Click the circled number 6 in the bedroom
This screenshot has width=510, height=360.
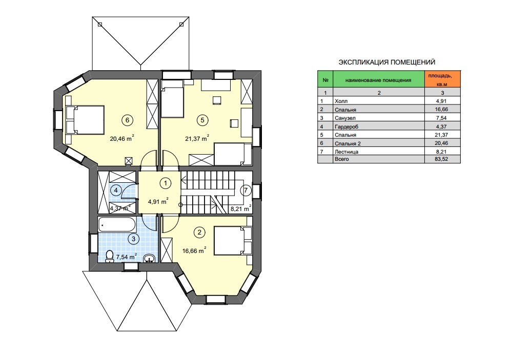(127, 120)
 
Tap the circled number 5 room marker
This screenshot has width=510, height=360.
(202, 120)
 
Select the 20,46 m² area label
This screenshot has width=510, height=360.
(122, 139)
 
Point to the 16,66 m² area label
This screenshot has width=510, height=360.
(194, 250)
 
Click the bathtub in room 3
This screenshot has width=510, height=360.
(117, 224)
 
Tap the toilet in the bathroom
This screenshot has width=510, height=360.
(110, 256)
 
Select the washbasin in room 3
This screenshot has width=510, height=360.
(149, 258)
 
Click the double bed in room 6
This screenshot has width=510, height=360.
(85, 119)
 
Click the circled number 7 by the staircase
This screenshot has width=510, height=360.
(246, 190)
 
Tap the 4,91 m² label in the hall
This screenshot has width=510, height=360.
(158, 201)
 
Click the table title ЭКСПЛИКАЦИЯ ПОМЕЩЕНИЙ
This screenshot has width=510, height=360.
(386, 62)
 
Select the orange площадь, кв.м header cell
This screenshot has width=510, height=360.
(442, 79)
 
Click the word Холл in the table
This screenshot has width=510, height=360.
(341, 101)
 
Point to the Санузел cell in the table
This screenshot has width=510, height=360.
(345, 118)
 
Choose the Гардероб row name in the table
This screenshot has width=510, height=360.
(346, 126)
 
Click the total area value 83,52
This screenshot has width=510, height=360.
(442, 159)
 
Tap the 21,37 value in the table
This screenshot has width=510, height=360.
(442, 135)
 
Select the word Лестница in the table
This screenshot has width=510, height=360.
(346, 152)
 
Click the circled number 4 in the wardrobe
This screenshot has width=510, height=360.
(116, 190)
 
